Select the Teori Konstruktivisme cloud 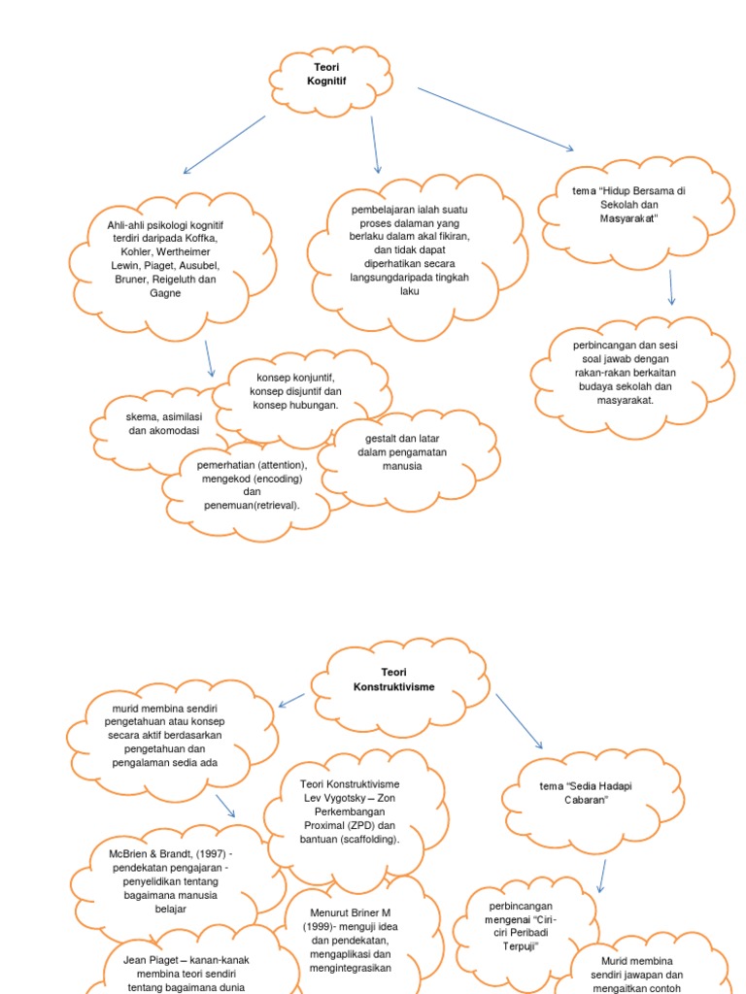pyautogui.click(x=394, y=679)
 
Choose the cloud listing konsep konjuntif pyautogui.click(x=296, y=390)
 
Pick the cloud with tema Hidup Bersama pyautogui.click(x=629, y=205)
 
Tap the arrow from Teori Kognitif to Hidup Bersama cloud pyautogui.click(x=495, y=119)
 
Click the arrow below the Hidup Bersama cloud pyautogui.click(x=670, y=287)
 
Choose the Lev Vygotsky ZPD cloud pyautogui.click(x=351, y=811)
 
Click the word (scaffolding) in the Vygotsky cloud pyautogui.click(x=363, y=838)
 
